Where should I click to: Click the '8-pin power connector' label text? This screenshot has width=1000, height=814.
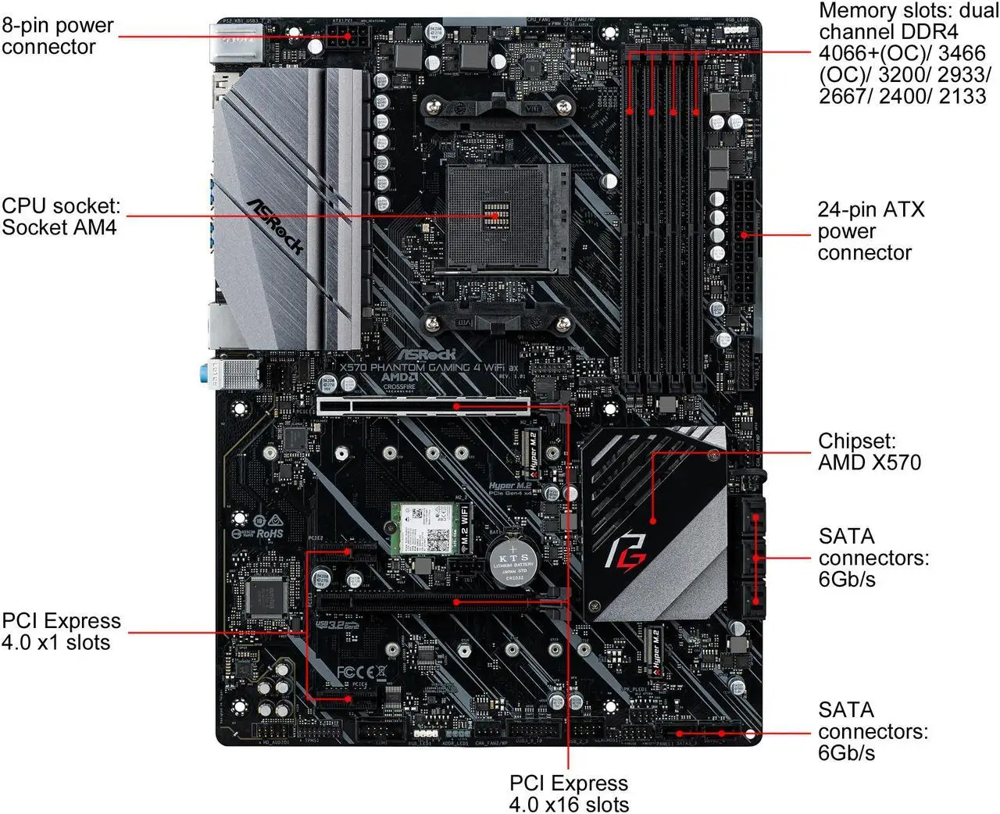pos(58,36)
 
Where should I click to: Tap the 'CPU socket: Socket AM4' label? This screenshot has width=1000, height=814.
pos(61,216)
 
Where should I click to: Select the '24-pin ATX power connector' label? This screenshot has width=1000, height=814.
pos(870,231)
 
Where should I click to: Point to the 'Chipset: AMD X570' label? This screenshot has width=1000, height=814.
pos(869,452)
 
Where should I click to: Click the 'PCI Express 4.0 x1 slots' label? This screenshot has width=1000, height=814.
pos(61,631)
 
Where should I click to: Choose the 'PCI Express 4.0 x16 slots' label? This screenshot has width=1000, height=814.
pos(568,793)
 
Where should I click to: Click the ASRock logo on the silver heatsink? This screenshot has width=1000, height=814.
pos(275,226)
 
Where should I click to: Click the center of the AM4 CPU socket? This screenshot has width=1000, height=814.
pos(493,216)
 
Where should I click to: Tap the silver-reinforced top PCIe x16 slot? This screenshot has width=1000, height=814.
pos(423,405)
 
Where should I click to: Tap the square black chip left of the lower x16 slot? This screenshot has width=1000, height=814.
pos(266,597)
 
